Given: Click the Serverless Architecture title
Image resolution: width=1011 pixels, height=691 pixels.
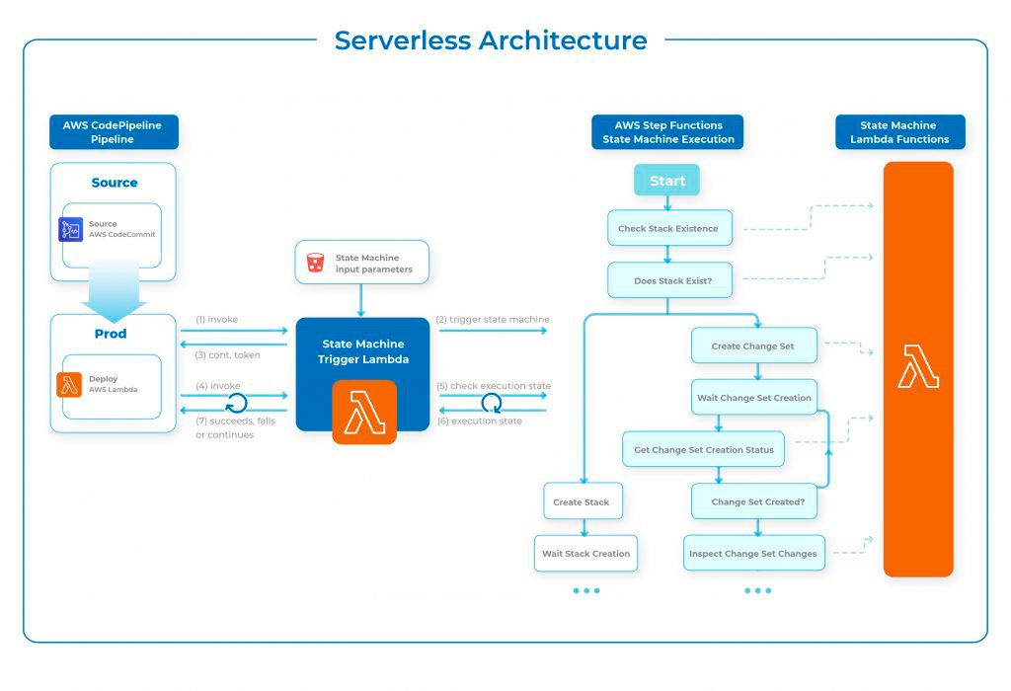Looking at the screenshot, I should pyautogui.click(x=491, y=40).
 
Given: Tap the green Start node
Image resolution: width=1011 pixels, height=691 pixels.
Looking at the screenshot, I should pyautogui.click(x=666, y=181).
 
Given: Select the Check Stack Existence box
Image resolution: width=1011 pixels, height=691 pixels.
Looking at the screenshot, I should pyautogui.click(x=668, y=229).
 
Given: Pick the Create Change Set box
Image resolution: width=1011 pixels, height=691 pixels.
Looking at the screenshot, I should pyautogui.click(x=752, y=345).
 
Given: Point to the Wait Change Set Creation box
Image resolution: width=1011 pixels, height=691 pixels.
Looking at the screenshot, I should pyautogui.click(x=754, y=397).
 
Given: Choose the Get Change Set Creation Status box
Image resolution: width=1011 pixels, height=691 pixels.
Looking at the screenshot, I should pyautogui.click(x=703, y=449).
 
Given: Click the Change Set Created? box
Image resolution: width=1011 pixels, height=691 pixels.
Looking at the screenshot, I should pyautogui.click(x=757, y=501).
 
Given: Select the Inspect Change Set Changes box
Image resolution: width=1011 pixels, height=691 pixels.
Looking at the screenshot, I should pyautogui.click(x=753, y=553).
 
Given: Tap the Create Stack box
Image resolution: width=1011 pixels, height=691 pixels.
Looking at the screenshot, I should pyautogui.click(x=582, y=501).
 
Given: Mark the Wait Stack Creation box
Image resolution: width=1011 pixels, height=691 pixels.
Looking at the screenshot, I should pyautogui.click(x=585, y=553).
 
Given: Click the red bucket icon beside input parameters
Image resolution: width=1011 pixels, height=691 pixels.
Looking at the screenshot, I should pyautogui.click(x=316, y=263).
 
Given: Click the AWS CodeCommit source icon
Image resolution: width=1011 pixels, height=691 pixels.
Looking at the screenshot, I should pyautogui.click(x=71, y=229).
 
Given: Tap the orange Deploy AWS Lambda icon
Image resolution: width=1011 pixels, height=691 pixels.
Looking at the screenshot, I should pyautogui.click(x=70, y=384).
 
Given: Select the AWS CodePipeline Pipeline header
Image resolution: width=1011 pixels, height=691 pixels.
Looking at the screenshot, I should pyautogui.click(x=114, y=132).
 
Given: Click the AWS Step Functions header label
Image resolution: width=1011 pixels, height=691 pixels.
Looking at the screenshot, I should pyautogui.click(x=667, y=132).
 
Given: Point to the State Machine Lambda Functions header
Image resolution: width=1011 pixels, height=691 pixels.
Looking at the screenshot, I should pyautogui.click(x=899, y=132).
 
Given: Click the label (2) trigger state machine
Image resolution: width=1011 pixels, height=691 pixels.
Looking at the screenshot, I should pyautogui.click(x=493, y=320).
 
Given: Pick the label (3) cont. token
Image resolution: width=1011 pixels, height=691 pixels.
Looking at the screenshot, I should pyautogui.click(x=228, y=354).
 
